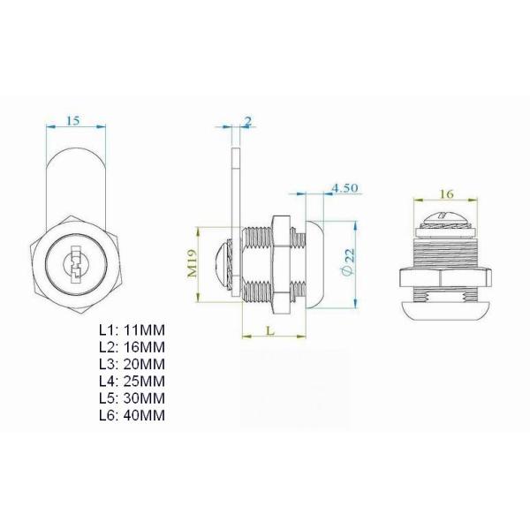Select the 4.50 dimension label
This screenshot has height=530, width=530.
(x=344, y=188)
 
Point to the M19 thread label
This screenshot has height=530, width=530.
(x=192, y=262)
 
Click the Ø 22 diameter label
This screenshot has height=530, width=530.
(x=348, y=261)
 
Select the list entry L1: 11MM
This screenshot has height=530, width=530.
(x=132, y=329)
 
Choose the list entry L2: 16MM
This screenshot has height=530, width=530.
(x=132, y=346)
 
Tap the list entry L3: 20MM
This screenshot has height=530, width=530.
(x=132, y=363)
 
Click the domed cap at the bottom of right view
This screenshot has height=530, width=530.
(x=445, y=308)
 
